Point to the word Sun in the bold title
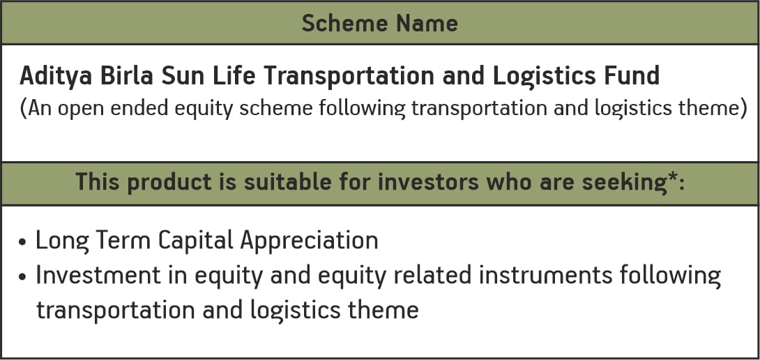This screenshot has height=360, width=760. coord(176,76)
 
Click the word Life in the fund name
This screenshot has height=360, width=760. coord(225,75)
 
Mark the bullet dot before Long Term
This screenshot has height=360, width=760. coord(22,242)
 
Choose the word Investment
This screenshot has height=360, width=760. coord(99,276)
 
